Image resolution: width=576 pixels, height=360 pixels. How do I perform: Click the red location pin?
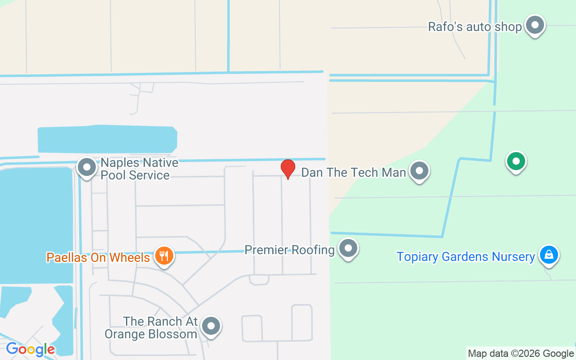click(288, 168)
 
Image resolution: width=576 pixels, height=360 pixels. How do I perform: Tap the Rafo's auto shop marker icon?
click(535, 25)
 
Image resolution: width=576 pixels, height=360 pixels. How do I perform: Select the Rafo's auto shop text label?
click(474, 27)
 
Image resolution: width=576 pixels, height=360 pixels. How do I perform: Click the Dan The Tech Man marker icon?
click(419, 171)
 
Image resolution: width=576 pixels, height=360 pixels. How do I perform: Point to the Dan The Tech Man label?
click(353, 172)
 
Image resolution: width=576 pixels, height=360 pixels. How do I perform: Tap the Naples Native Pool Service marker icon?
click(87, 167)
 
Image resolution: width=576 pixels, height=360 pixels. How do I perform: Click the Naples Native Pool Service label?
click(139, 169)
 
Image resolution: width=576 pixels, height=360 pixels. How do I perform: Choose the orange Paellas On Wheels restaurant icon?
click(164, 256)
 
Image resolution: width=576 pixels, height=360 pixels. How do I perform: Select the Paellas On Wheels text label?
click(98, 258)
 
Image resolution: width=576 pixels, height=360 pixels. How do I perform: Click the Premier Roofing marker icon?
click(348, 248)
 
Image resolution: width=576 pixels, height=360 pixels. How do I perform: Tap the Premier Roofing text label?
click(289, 250)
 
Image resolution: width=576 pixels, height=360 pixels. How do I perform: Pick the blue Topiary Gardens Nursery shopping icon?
click(549, 255)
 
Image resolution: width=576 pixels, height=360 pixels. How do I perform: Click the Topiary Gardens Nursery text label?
click(465, 257)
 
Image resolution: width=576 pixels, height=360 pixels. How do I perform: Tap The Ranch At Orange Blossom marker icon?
click(211, 326)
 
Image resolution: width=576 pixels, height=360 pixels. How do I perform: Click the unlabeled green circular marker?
click(516, 161)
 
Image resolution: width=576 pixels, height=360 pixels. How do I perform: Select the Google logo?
click(30, 349)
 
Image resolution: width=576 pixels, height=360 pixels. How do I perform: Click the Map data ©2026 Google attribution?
click(521, 354)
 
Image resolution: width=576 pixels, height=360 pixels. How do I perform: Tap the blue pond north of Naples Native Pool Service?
click(107, 139)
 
